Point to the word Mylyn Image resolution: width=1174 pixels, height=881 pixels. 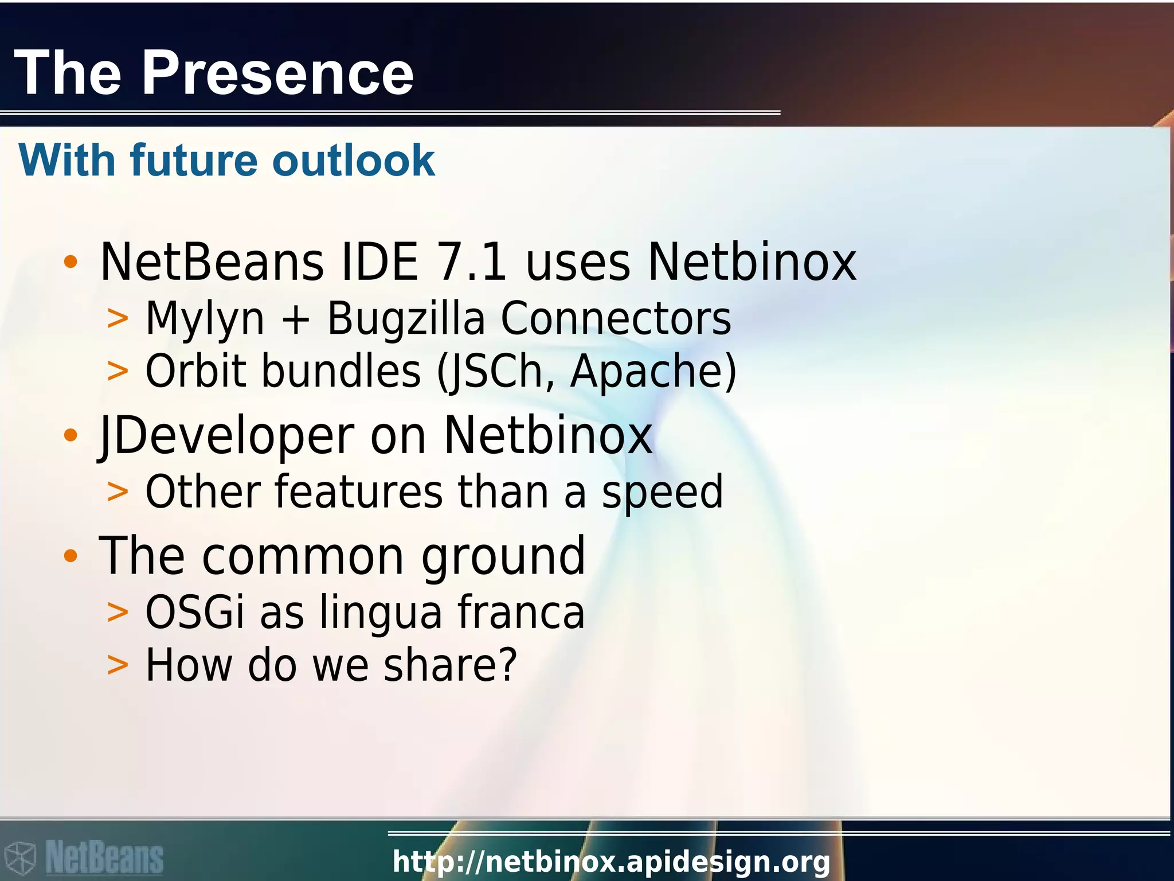pyautogui.click(x=205, y=319)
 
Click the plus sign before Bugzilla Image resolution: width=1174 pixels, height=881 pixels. pyautogui.click(x=296, y=320)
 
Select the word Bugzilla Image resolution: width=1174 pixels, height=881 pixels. pyautogui.click(x=405, y=319)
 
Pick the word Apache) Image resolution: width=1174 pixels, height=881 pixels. pyautogui.click(x=653, y=372)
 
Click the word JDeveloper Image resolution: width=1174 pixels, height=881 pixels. pyautogui.click(x=226, y=436)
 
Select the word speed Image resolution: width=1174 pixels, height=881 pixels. pyautogui.click(x=662, y=492)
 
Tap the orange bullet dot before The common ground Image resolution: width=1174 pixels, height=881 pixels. pyautogui.click(x=71, y=555)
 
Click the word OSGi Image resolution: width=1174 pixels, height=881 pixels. pyautogui.click(x=195, y=612)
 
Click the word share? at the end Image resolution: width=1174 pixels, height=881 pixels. pyautogui.click(x=450, y=665)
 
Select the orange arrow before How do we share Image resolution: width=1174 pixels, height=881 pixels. pyautogui.click(x=118, y=665)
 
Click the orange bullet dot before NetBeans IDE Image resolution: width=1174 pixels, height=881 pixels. pyautogui.click(x=71, y=262)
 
